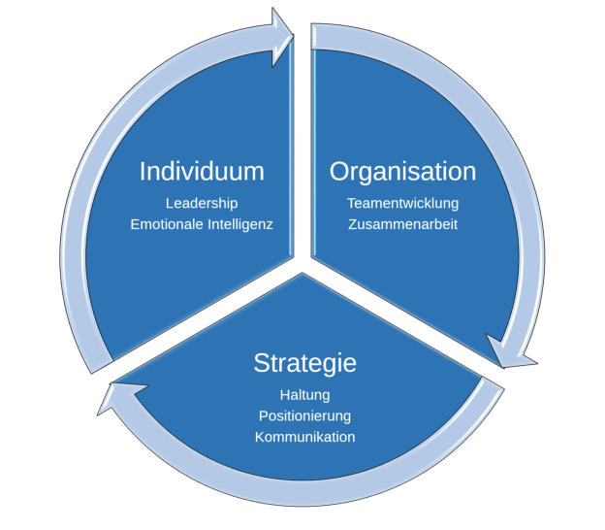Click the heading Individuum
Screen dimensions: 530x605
(x=202, y=172)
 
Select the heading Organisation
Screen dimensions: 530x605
(x=402, y=172)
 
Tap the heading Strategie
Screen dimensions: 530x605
(x=304, y=363)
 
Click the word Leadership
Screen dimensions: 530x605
(x=202, y=203)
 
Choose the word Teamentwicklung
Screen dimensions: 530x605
(x=402, y=203)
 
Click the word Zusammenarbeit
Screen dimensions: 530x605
(x=402, y=224)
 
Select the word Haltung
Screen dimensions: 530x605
(x=304, y=395)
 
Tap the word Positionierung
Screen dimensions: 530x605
(x=304, y=415)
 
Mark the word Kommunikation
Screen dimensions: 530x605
(x=304, y=437)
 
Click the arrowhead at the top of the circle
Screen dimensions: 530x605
(x=282, y=38)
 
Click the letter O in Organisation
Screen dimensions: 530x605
(x=339, y=172)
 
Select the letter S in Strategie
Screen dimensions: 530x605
(x=260, y=363)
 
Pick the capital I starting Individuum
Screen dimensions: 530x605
(x=143, y=172)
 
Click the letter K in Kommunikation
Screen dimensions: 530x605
(x=260, y=437)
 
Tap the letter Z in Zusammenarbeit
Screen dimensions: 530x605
(x=352, y=224)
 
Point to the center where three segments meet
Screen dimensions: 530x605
(x=302, y=261)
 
